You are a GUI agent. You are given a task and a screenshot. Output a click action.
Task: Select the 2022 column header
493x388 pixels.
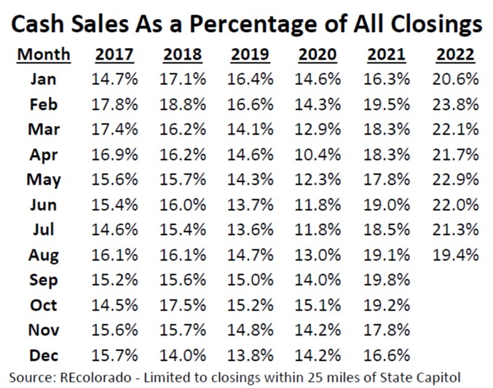[x=455, y=54]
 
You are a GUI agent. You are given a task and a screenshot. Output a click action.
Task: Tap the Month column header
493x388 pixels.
[x=44, y=54]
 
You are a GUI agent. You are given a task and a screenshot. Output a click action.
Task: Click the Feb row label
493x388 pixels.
[x=44, y=103]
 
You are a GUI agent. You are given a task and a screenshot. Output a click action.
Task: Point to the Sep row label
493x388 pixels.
[x=44, y=280]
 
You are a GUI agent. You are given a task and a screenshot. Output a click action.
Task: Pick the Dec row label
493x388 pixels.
[x=44, y=356]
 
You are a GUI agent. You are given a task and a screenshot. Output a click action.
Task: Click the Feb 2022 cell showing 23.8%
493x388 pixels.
[x=455, y=103]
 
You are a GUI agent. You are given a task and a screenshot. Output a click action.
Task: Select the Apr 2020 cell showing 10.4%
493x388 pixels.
[x=320, y=154]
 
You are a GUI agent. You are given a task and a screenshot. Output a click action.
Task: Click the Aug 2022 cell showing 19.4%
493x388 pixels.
[x=455, y=255]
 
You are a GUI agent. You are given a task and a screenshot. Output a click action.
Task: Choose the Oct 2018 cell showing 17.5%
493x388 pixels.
[x=184, y=306]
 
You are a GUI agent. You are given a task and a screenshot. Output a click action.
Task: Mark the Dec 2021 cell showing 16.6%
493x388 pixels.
[x=387, y=356]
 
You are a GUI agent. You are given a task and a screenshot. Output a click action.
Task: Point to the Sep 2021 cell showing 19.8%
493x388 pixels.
[x=387, y=280]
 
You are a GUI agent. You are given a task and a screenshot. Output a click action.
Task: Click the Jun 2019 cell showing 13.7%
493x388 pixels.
[x=251, y=205]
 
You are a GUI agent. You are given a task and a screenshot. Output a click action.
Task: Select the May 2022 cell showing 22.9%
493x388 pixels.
[x=455, y=179]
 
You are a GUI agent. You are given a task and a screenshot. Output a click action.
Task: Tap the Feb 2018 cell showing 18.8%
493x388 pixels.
[x=184, y=103]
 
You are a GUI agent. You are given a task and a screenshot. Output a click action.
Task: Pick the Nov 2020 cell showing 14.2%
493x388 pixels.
[x=320, y=330]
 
